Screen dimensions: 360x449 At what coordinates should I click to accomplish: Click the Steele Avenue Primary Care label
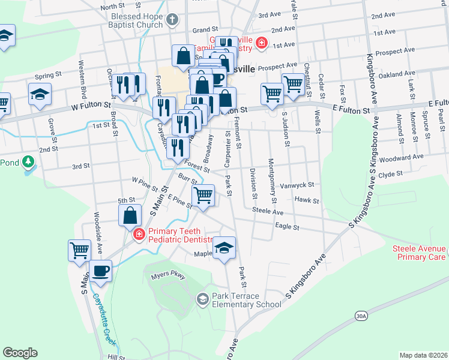point(420,253)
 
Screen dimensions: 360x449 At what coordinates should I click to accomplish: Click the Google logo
point(20,353)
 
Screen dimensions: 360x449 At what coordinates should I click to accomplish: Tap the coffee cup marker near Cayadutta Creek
point(100,270)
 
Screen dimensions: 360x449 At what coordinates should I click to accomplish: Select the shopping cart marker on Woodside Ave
point(80,250)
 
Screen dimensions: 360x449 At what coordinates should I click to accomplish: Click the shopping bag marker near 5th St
point(130,215)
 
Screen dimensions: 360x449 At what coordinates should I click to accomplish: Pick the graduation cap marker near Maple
point(224,247)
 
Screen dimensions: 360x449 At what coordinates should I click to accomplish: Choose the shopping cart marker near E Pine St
point(203,195)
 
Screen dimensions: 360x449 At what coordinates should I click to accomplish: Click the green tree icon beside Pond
point(28,162)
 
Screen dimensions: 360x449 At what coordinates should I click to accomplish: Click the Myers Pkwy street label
point(169,276)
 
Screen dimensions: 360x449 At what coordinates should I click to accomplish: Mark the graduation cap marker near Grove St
point(40,94)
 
